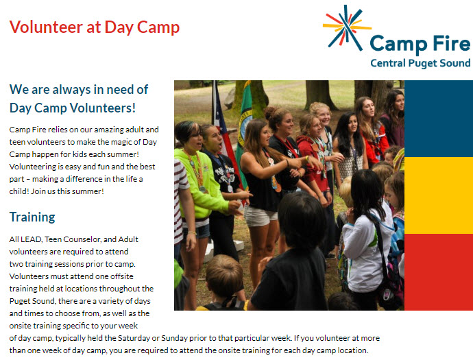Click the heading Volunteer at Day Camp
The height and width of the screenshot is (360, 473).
click(95, 27)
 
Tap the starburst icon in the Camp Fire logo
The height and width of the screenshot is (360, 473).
click(347, 27)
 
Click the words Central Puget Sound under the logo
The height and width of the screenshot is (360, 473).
click(420, 63)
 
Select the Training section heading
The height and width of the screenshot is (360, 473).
click(32, 217)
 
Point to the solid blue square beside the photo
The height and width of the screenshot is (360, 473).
click(439, 119)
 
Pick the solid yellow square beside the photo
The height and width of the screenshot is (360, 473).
click(439, 195)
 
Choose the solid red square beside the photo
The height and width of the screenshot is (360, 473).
click(439, 272)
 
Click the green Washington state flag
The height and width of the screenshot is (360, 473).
click(245, 127)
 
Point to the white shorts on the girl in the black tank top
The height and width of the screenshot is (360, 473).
click(260, 216)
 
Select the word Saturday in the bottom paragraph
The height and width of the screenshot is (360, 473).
click(134, 338)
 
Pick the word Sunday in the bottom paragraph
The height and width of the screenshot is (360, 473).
click(174, 338)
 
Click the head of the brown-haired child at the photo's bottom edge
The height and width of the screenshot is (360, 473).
click(224, 275)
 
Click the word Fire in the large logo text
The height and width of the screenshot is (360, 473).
click(452, 44)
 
